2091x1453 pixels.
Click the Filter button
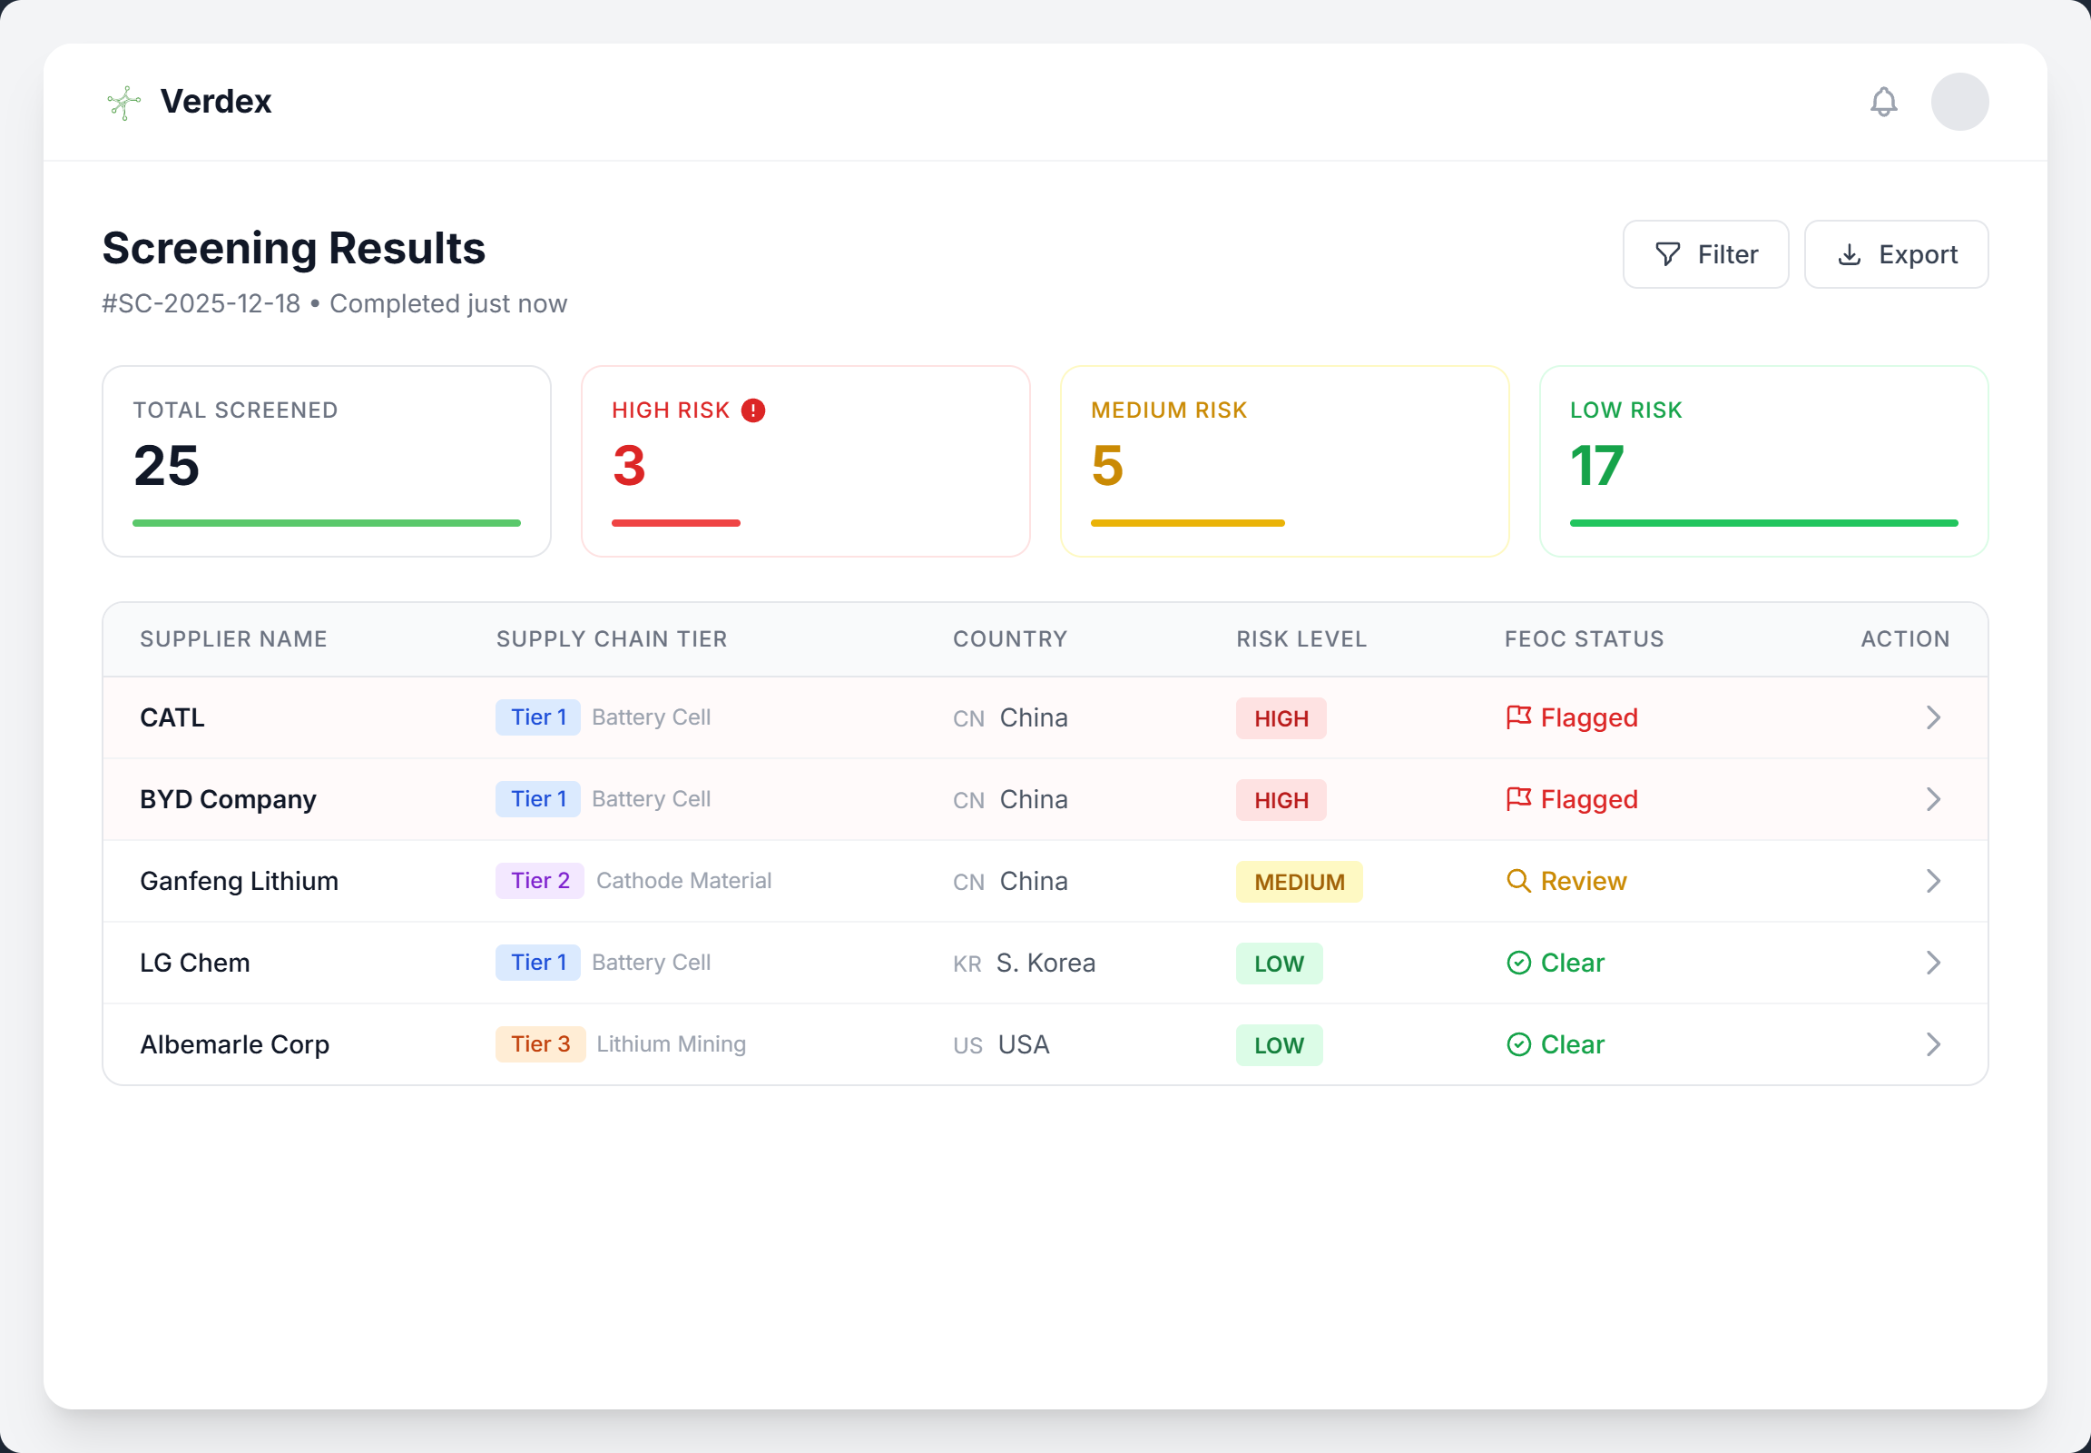(x=1705, y=254)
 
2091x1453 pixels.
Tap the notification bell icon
(x=1883, y=102)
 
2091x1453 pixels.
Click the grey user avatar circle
(x=1959, y=102)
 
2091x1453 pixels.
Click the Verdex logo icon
(x=123, y=102)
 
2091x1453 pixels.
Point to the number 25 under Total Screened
(x=166, y=466)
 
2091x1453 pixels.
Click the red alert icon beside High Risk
(x=753, y=410)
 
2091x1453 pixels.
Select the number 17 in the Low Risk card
(x=1596, y=466)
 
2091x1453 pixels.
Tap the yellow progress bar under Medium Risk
(x=1186, y=523)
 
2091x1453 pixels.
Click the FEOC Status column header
(x=1584, y=639)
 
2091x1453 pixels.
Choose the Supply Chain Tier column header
(x=612, y=639)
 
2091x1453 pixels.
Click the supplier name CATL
(x=172, y=717)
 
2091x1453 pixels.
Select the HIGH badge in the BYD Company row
(x=1281, y=800)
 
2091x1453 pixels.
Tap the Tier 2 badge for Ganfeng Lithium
(x=540, y=880)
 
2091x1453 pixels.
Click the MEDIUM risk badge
(x=1299, y=882)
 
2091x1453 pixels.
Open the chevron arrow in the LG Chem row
(x=1933, y=964)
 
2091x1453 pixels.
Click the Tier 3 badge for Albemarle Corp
(x=540, y=1044)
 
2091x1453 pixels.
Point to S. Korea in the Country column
(x=1045, y=964)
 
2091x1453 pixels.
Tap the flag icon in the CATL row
(x=1517, y=717)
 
